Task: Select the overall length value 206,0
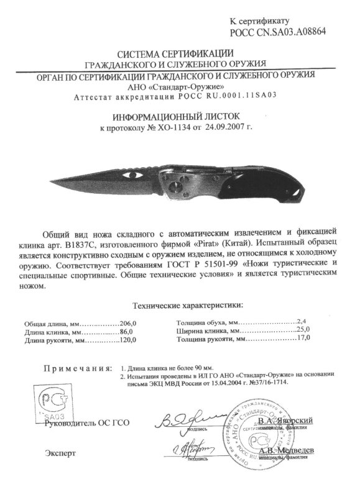tap(127, 324)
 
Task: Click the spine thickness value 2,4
tap(303, 321)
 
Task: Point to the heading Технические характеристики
tap(188, 305)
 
